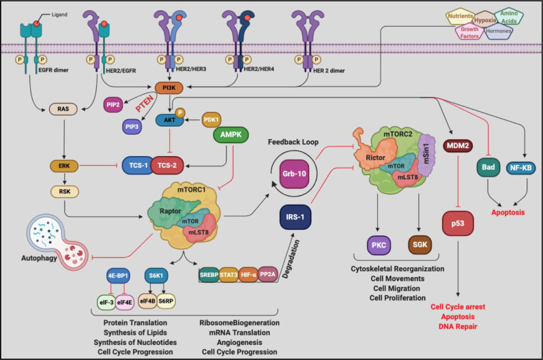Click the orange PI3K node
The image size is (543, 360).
click(168, 88)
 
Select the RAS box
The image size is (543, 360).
click(63, 109)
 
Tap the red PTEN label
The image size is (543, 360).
click(145, 104)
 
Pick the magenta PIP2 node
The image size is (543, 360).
click(113, 105)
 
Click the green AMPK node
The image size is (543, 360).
click(231, 134)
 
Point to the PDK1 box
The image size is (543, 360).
click(211, 120)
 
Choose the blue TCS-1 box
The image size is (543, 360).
click(138, 166)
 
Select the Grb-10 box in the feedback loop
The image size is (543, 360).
click(294, 174)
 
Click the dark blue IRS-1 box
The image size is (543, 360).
click(295, 217)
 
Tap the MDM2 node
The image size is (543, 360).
click(458, 146)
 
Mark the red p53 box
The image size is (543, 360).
click(458, 223)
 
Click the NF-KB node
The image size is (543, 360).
click(520, 168)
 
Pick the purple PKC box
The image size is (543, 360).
click(379, 245)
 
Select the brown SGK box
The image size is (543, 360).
click(420, 245)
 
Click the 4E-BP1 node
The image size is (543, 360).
click(118, 276)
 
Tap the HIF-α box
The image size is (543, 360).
click(248, 275)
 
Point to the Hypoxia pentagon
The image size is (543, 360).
click(485, 20)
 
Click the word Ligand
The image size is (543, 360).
click(59, 14)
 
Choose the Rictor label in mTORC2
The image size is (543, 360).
click(375, 158)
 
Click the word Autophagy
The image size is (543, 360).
click(39, 258)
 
